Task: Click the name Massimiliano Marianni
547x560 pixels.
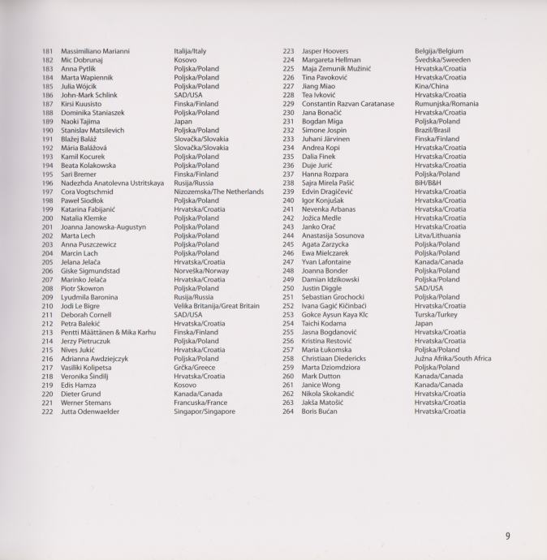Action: click(x=95, y=51)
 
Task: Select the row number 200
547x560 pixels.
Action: click(x=47, y=218)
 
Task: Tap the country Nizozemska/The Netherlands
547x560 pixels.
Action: click(x=218, y=192)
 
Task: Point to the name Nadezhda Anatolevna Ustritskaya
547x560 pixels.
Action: click(x=112, y=183)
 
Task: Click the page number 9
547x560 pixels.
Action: click(x=507, y=536)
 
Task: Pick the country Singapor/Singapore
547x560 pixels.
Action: click(x=205, y=411)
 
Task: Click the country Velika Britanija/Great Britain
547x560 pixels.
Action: click(x=217, y=306)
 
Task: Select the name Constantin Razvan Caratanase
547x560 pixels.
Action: click(x=347, y=104)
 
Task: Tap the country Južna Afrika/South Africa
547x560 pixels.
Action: click(x=453, y=359)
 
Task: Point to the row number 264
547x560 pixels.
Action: click(x=288, y=411)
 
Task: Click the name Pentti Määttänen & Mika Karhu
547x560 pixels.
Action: click(x=109, y=333)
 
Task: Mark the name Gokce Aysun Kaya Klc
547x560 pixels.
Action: click(x=334, y=315)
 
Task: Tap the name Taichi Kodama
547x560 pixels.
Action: click(x=325, y=324)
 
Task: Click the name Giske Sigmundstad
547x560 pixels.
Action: click(x=90, y=271)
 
